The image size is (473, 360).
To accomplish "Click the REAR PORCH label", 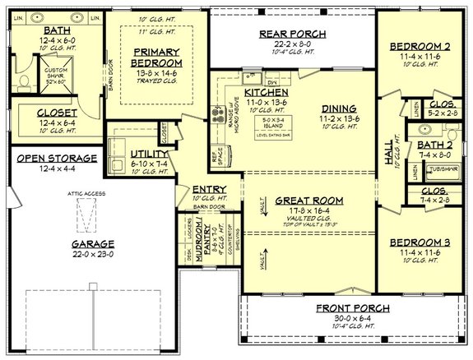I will click(292, 34).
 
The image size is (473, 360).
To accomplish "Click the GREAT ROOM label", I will click(309, 200).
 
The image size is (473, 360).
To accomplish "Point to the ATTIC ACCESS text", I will click(81, 194).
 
